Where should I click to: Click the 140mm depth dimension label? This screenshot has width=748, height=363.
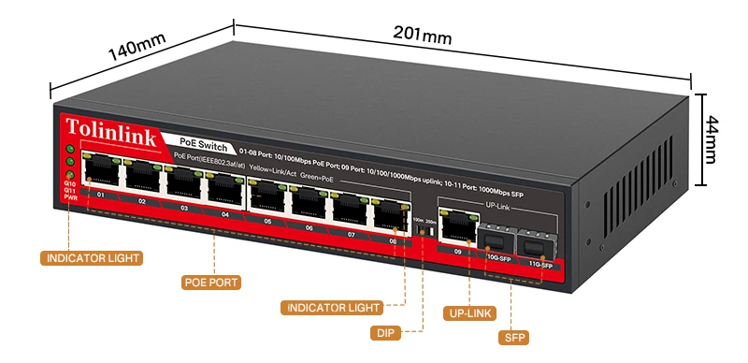click(137, 48)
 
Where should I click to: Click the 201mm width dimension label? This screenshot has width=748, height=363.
click(423, 37)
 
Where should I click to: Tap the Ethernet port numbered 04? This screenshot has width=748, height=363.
click(222, 188)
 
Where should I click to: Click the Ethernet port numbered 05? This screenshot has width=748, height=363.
click(266, 195)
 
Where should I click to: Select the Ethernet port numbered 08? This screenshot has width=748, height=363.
click(389, 214)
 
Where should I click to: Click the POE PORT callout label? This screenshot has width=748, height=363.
click(211, 282)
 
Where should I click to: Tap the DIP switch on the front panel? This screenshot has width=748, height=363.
click(422, 230)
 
